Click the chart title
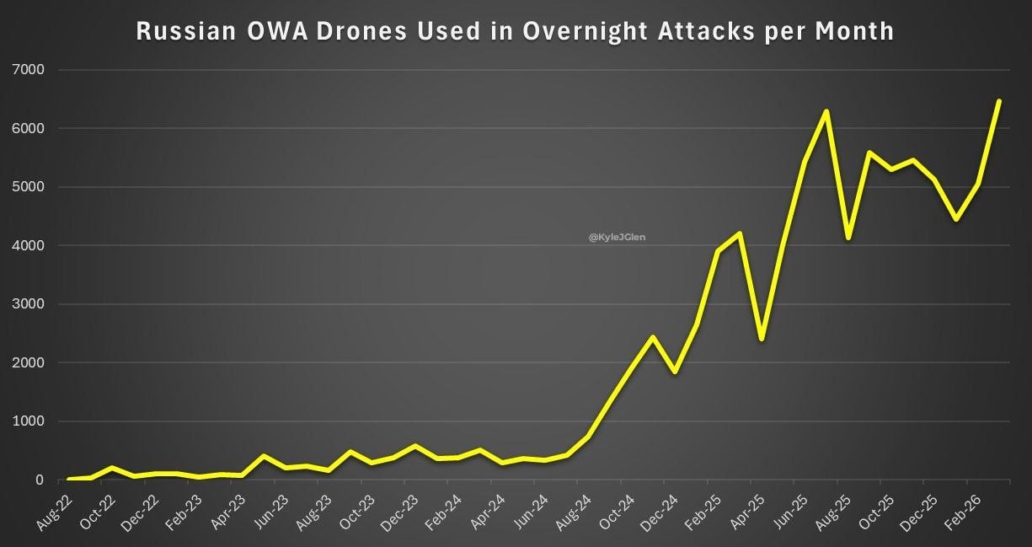pyautogui.click(x=515, y=31)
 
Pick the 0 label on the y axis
pyautogui.click(x=39, y=480)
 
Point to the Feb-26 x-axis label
pyautogui.click(x=963, y=510)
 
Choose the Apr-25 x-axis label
pyautogui.click(x=746, y=510)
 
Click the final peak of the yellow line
pyautogui.click(x=999, y=101)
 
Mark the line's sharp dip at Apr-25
pyautogui.click(x=761, y=340)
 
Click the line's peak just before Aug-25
pyautogui.click(x=826, y=111)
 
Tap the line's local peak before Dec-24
pyautogui.click(x=653, y=337)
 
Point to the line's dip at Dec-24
pyautogui.click(x=675, y=372)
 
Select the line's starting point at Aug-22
pyautogui.click(x=68, y=479)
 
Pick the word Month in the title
pyautogui.click(x=854, y=31)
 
